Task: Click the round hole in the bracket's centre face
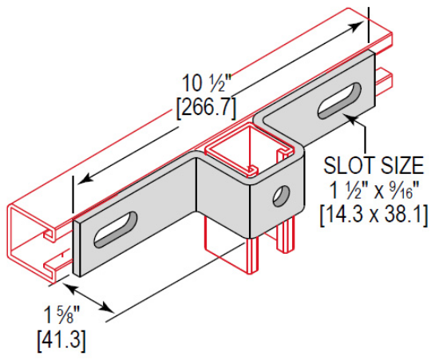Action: (x=280, y=193)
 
